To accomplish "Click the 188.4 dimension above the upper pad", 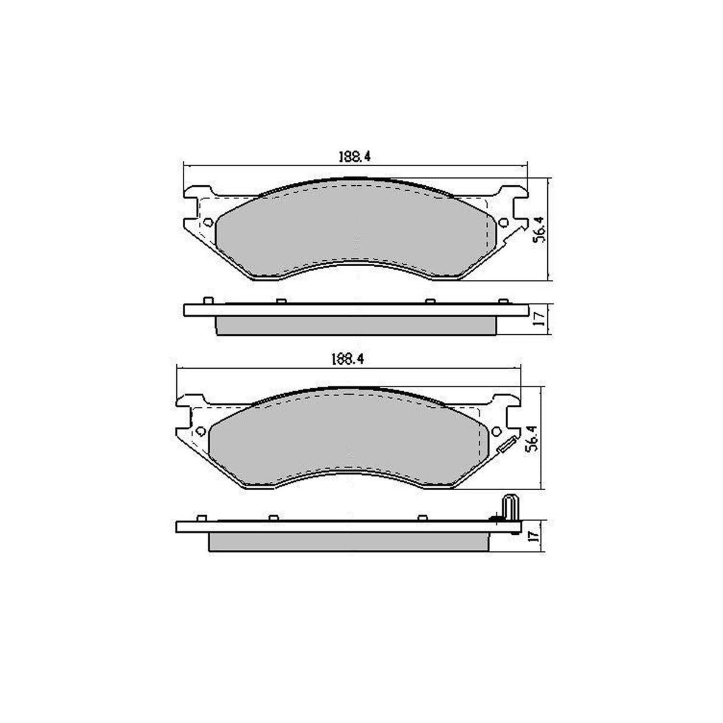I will click(x=355, y=157).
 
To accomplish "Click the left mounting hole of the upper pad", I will click(x=207, y=222).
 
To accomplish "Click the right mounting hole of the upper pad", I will click(x=503, y=222).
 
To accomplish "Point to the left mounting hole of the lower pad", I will click(x=200, y=431).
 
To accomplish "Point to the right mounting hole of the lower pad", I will click(x=496, y=431).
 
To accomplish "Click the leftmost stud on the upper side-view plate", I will click(x=208, y=300).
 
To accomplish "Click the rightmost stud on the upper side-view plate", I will click(x=503, y=301).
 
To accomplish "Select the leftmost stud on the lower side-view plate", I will click(x=201, y=517).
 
